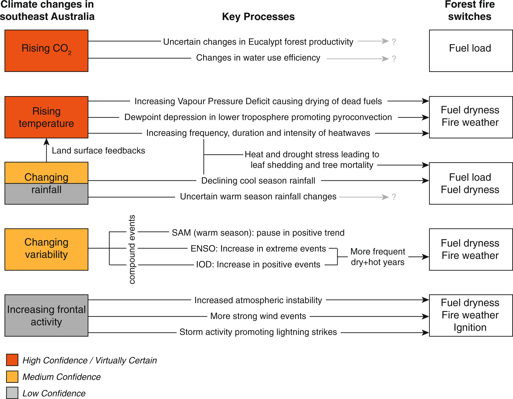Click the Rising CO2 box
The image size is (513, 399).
pyautogui.click(x=46, y=51)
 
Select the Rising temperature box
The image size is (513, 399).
pyautogui.click(x=46, y=117)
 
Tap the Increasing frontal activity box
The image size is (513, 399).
pyautogui.click(x=46, y=315)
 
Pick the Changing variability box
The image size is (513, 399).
pyautogui.click(x=46, y=249)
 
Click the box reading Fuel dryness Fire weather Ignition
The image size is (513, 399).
pyautogui.click(x=470, y=315)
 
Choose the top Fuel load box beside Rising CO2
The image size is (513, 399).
pyautogui.click(x=470, y=51)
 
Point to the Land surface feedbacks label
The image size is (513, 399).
pyautogui.click(x=98, y=151)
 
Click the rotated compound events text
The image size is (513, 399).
pyautogui.click(x=132, y=249)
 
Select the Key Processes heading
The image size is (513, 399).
pyautogui.click(x=258, y=16)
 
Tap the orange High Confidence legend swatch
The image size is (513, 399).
pyautogui.click(x=12, y=360)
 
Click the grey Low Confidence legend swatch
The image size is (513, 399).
pyautogui.click(x=12, y=393)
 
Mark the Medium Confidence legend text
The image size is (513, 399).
pyautogui.click(x=62, y=377)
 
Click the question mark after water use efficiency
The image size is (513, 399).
pyautogui.click(x=394, y=59)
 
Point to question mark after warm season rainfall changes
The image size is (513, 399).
pyautogui.click(x=394, y=197)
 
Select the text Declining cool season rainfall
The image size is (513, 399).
pyautogui.click(x=258, y=181)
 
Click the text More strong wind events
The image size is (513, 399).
pyautogui.click(x=258, y=316)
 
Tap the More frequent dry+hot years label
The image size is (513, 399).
pyautogui.click(x=377, y=257)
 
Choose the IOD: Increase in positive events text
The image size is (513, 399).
pyautogui.click(x=258, y=265)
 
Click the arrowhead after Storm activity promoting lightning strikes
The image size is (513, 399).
pyautogui.click(x=426, y=332)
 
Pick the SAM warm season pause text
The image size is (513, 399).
pyautogui.click(x=258, y=233)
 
